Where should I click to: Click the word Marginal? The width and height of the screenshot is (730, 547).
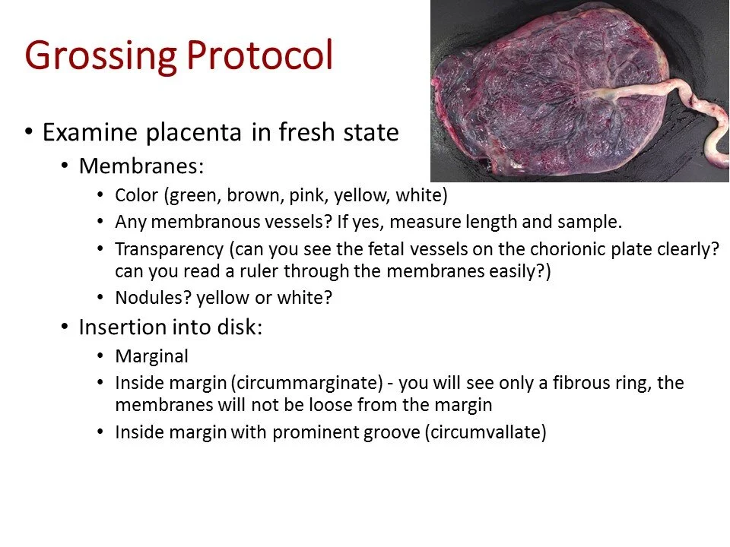point(151,356)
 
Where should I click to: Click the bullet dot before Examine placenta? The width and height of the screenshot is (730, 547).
point(29,131)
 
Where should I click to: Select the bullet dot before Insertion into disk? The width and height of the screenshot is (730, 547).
point(65,327)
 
